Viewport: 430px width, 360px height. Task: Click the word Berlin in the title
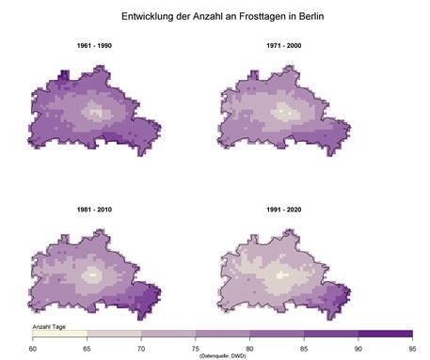click(311, 16)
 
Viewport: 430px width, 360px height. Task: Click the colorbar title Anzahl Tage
click(48, 324)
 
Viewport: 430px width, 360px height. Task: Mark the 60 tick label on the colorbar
click(33, 348)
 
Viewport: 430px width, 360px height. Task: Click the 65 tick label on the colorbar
click(88, 348)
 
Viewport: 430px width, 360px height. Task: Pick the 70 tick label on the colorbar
click(141, 348)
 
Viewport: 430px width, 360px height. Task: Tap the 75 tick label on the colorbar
click(196, 348)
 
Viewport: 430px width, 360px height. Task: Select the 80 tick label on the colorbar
click(249, 348)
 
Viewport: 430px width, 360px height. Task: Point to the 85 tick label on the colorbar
click(304, 348)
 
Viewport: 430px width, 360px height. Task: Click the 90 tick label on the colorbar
click(358, 348)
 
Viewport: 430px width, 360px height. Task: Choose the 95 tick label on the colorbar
click(411, 348)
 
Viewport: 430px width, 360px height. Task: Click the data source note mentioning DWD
click(223, 355)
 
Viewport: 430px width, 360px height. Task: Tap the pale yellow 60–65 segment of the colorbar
click(60, 334)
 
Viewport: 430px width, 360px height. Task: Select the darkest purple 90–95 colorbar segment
click(384, 334)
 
